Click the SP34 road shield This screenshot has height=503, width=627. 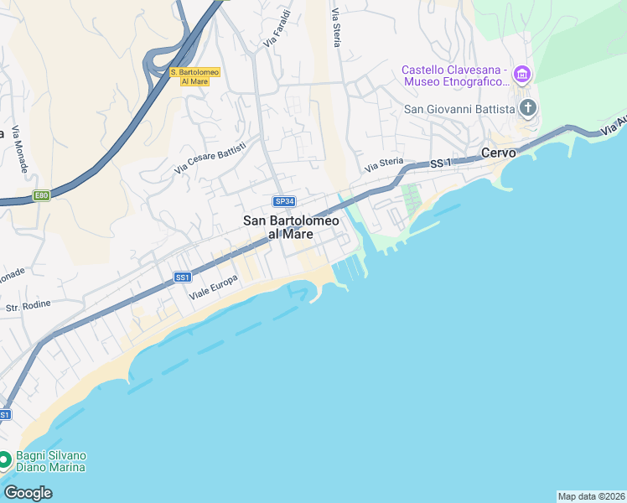click(x=284, y=201)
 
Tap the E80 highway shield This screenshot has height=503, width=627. click(x=41, y=195)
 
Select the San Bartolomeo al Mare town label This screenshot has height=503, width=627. click(x=291, y=227)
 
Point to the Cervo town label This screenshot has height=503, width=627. click(x=498, y=153)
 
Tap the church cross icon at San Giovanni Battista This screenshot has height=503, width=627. click(x=528, y=107)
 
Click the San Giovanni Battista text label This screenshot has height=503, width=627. click(x=459, y=108)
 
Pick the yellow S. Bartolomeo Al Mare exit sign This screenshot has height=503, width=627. click(x=194, y=76)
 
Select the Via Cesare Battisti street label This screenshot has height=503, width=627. click(x=210, y=158)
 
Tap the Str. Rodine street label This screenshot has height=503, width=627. click(x=28, y=307)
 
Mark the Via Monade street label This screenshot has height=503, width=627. click(x=19, y=151)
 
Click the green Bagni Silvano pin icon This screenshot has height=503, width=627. click(x=4, y=459)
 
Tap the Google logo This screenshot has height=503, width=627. click(x=28, y=492)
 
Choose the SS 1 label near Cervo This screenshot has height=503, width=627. click(x=440, y=163)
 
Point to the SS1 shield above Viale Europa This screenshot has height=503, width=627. click(x=183, y=277)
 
